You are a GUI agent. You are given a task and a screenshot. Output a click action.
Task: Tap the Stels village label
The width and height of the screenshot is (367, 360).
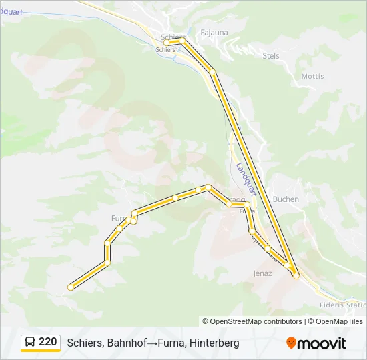coord(271,56)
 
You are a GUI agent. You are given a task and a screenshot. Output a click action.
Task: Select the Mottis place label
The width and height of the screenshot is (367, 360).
coord(312,76)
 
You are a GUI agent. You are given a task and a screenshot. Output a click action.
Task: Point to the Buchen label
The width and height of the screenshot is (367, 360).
coord(286,199)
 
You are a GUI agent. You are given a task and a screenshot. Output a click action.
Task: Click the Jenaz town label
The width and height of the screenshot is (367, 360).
coord(262,273)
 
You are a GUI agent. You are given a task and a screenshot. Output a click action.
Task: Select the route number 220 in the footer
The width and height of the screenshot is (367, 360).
coord(47,342)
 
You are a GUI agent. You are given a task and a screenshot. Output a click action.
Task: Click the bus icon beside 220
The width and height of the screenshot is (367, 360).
coord(30,343)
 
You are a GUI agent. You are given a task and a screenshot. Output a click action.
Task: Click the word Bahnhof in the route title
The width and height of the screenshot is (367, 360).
coord(123,343)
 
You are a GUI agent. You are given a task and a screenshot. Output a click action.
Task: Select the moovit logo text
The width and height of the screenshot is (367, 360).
coord(322,343)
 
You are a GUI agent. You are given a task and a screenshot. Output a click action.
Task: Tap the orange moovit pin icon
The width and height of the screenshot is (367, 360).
coord(291,343)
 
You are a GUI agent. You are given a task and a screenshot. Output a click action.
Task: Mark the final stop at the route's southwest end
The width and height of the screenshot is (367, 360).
coord(70,287)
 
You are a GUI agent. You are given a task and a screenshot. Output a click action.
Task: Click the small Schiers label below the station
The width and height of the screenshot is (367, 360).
coord(165,50)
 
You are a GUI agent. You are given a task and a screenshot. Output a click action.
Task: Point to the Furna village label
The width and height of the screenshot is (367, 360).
coord(119,218)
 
